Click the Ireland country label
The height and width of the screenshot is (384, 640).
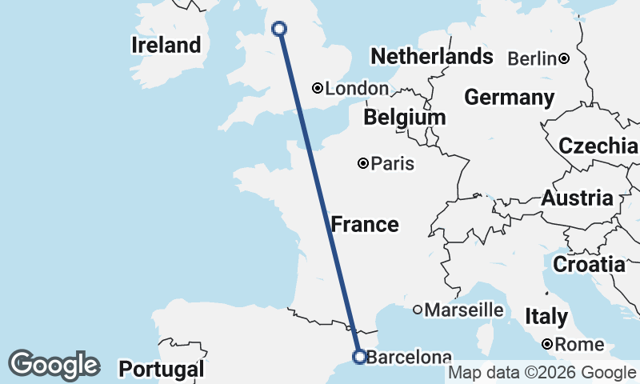166,46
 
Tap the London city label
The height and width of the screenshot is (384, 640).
357,89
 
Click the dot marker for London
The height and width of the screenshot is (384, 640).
318,88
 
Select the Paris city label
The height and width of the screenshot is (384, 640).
393,164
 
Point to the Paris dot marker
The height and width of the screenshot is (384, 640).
363,163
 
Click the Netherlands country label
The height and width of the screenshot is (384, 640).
431,57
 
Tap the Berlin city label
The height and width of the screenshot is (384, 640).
532,58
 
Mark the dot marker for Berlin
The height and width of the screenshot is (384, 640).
564,58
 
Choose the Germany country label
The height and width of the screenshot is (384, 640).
509,98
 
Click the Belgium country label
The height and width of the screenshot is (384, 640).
404,118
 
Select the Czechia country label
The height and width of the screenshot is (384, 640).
598,146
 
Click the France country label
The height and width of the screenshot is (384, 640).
365,225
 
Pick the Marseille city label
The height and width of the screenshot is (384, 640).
464,310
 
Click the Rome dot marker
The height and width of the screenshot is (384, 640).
546,344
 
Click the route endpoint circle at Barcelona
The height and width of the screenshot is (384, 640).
359,357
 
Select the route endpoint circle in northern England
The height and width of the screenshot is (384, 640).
279,29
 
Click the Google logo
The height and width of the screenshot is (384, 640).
54,365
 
